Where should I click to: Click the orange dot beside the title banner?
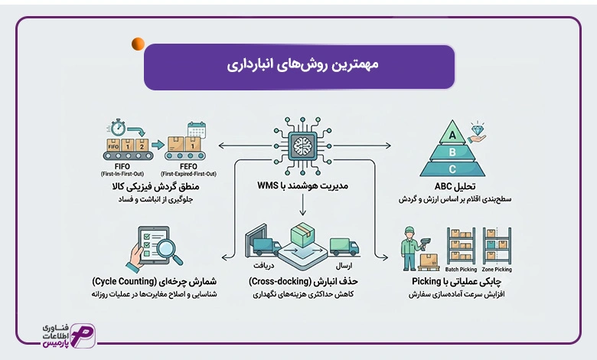coord(139,44)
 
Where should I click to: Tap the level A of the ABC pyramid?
coord(452,134)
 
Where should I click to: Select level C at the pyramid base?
coord(452,169)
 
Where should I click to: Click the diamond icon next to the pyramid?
coord(477,129)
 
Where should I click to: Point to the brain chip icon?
coord(302,146)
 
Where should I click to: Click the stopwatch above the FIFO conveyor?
coord(119,127)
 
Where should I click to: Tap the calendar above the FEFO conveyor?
coord(197,130)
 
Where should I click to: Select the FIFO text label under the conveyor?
coord(122,166)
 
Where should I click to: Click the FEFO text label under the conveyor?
coord(188,166)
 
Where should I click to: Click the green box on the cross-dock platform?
coord(302,234)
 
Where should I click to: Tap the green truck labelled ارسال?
coord(344,247)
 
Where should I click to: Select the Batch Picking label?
coord(461,270)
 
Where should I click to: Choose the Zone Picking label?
coord(497,270)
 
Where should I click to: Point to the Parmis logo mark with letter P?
coord(83,335)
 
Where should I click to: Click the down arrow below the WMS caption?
coord(302,205)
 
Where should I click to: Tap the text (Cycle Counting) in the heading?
coord(124,282)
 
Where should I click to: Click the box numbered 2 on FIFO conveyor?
coord(142,146)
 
